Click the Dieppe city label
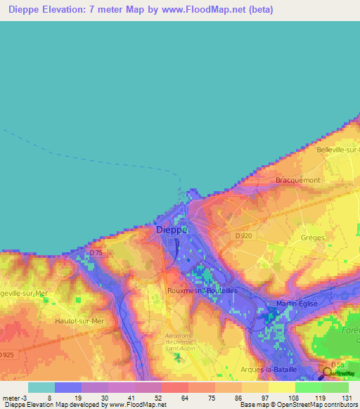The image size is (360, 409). (171, 230)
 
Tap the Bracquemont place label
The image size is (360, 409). (297, 181)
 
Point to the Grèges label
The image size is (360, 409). (312, 238)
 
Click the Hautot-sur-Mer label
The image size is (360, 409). (79, 320)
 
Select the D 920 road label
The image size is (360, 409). (245, 236)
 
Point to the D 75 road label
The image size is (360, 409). (96, 252)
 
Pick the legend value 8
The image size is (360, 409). (49, 398)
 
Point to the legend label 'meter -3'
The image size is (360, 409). (15, 398)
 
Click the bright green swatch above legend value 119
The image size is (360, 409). (308, 387)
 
